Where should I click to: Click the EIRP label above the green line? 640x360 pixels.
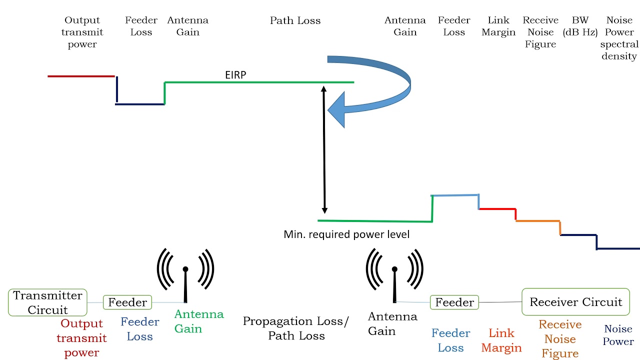[x=235, y=75]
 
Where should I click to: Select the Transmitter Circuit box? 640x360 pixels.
[x=48, y=302]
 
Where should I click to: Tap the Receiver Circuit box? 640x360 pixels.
[x=575, y=302]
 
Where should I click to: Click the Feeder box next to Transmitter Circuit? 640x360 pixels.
[x=127, y=302]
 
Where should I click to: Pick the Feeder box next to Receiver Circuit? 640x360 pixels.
[x=454, y=302]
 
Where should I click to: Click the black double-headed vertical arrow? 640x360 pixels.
[x=324, y=150]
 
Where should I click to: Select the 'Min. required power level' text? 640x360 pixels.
[x=346, y=234]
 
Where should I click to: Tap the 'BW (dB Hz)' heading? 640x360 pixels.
[x=580, y=26]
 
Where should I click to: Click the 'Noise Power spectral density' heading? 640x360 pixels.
[x=619, y=38]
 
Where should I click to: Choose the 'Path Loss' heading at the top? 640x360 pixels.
[x=295, y=20]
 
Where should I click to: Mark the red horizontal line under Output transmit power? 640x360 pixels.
[x=81, y=76]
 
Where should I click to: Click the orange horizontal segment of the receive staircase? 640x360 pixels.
[x=537, y=221]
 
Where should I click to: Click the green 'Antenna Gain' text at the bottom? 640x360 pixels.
[x=198, y=321]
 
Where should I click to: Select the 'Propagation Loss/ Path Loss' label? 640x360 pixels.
[x=296, y=328]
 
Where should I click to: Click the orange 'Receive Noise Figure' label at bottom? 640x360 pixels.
[x=560, y=339]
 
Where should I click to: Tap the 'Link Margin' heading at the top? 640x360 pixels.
[x=498, y=26]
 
